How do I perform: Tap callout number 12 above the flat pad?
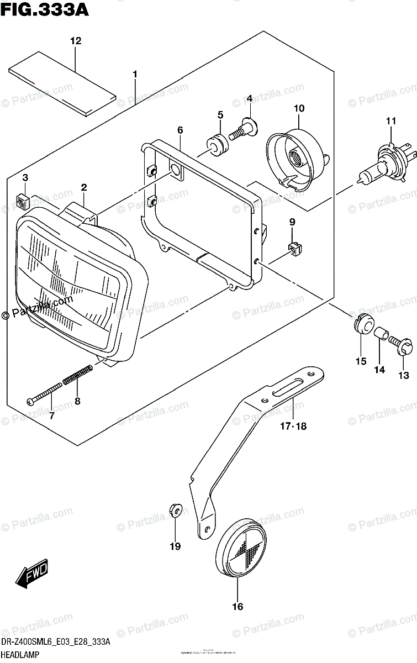click(x=76, y=41)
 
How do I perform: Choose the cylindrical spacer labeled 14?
click(x=379, y=335)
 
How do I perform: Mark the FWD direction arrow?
click(x=31, y=574)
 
